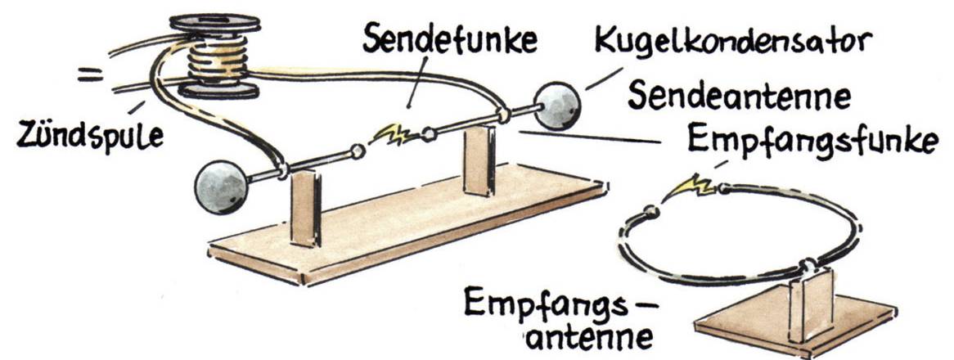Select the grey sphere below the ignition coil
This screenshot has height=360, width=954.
tap(221, 187)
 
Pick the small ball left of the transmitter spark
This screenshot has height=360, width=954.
tap(357, 151)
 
